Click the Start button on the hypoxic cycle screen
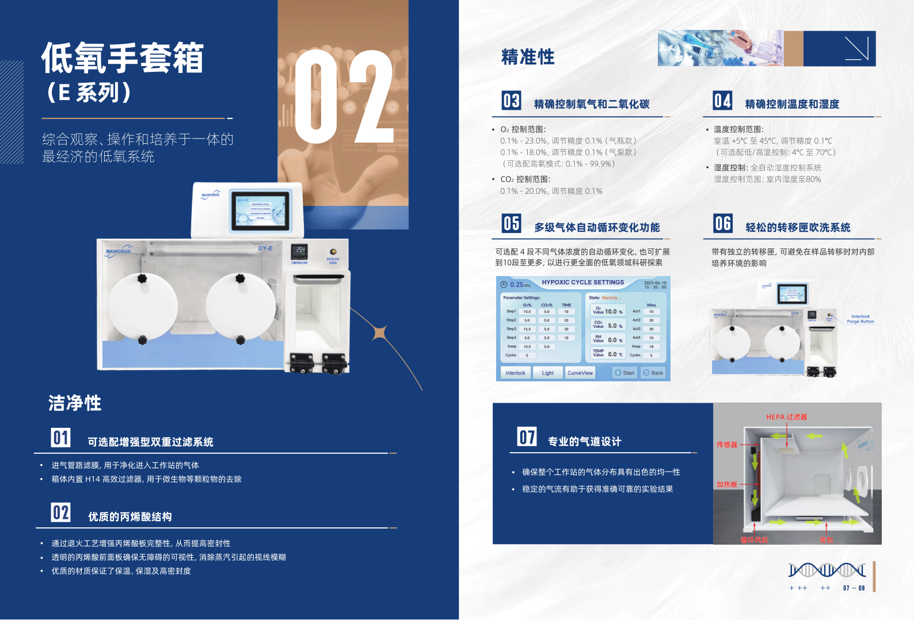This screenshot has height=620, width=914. [x=624, y=373]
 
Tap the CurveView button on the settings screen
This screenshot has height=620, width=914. [x=580, y=373]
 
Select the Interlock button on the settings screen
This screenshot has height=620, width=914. [x=515, y=373]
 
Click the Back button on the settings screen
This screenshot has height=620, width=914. [x=653, y=373]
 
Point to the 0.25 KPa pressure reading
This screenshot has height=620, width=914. [x=516, y=285]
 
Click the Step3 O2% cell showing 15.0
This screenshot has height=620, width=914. [x=527, y=329]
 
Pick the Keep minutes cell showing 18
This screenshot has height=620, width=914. [x=651, y=346]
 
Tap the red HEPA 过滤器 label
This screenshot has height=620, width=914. [x=786, y=417]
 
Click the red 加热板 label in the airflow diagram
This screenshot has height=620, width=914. [x=726, y=484]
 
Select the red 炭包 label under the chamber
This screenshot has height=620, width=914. [x=826, y=540]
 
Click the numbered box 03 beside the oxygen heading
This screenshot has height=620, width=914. [x=511, y=101]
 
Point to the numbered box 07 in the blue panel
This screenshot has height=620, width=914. [x=527, y=437]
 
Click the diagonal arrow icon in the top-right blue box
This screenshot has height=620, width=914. [x=856, y=48]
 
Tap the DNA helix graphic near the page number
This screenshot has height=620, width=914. [x=827, y=570]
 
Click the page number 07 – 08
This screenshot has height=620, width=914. [x=854, y=588]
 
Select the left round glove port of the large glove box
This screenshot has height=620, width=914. [x=142, y=309]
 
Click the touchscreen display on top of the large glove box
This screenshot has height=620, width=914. [x=260, y=211]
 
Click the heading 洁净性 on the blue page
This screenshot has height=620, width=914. [x=75, y=403]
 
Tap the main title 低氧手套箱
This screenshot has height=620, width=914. [x=122, y=58]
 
